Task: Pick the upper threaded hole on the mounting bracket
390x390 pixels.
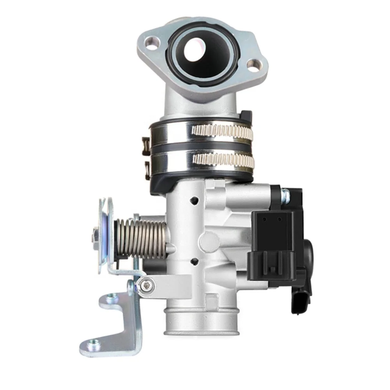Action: (x=113, y=299)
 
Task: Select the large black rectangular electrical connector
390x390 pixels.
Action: (x=273, y=242)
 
